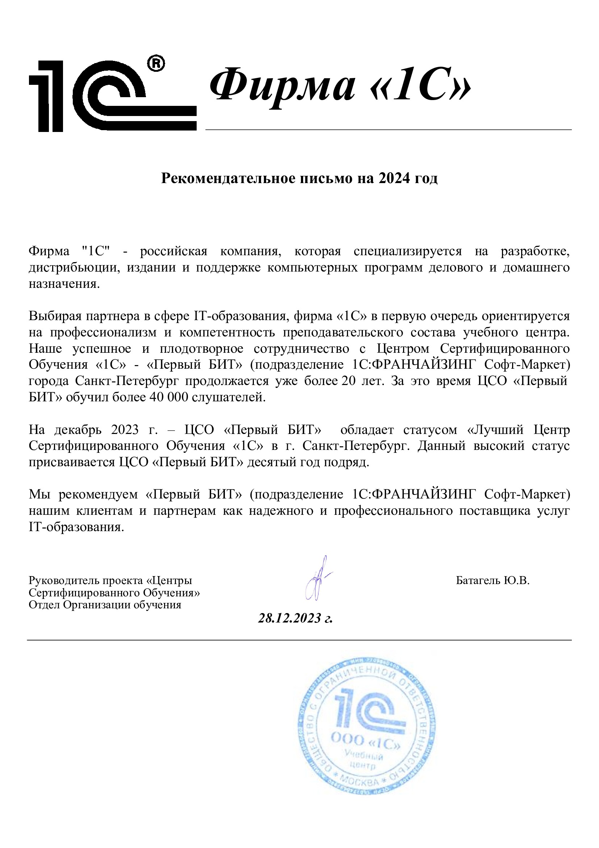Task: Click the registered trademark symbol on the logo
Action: [156, 63]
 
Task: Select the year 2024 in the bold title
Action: [394, 178]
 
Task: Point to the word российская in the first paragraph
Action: [173, 251]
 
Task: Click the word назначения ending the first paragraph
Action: [64, 284]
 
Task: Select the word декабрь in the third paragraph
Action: [78, 430]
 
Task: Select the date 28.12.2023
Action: [290, 618]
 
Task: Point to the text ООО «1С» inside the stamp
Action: [365, 741]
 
